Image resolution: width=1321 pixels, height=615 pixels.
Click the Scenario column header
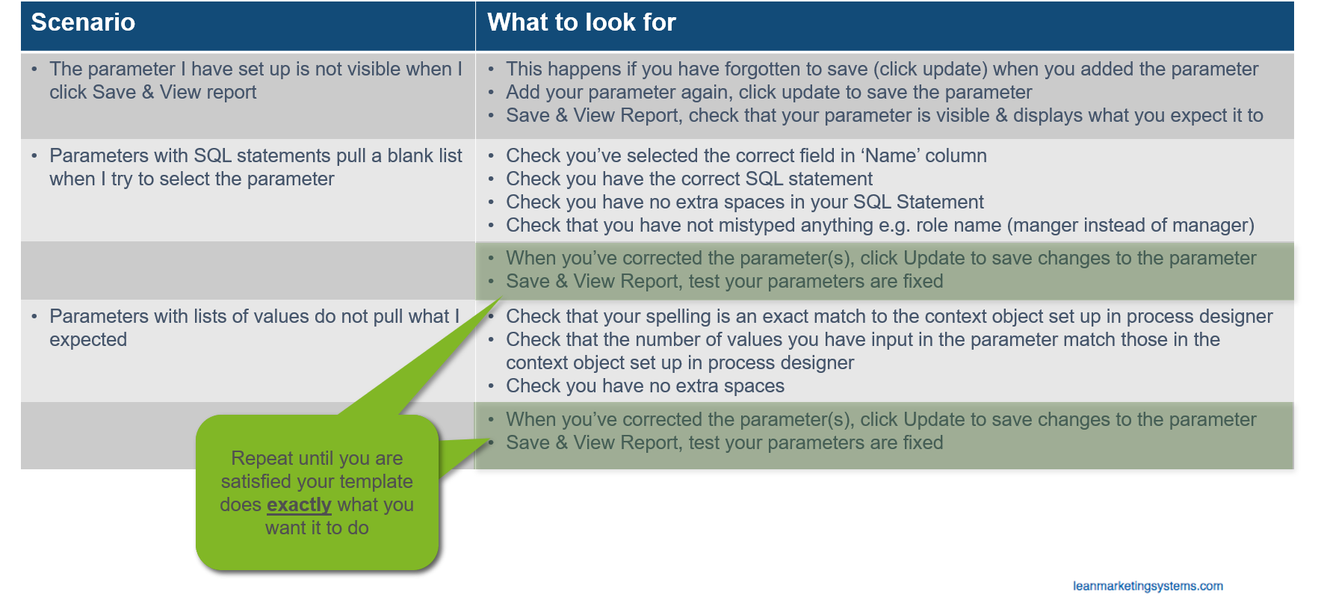83,22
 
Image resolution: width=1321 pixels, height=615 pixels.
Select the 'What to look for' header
581,22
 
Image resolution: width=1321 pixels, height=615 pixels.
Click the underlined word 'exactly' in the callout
299,505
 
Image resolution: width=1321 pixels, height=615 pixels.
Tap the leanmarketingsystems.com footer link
1148,586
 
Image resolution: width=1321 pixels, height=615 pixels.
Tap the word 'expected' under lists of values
88,340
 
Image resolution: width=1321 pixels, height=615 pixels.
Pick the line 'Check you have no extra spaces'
645,386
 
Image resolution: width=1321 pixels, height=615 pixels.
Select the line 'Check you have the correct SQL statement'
689,179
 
